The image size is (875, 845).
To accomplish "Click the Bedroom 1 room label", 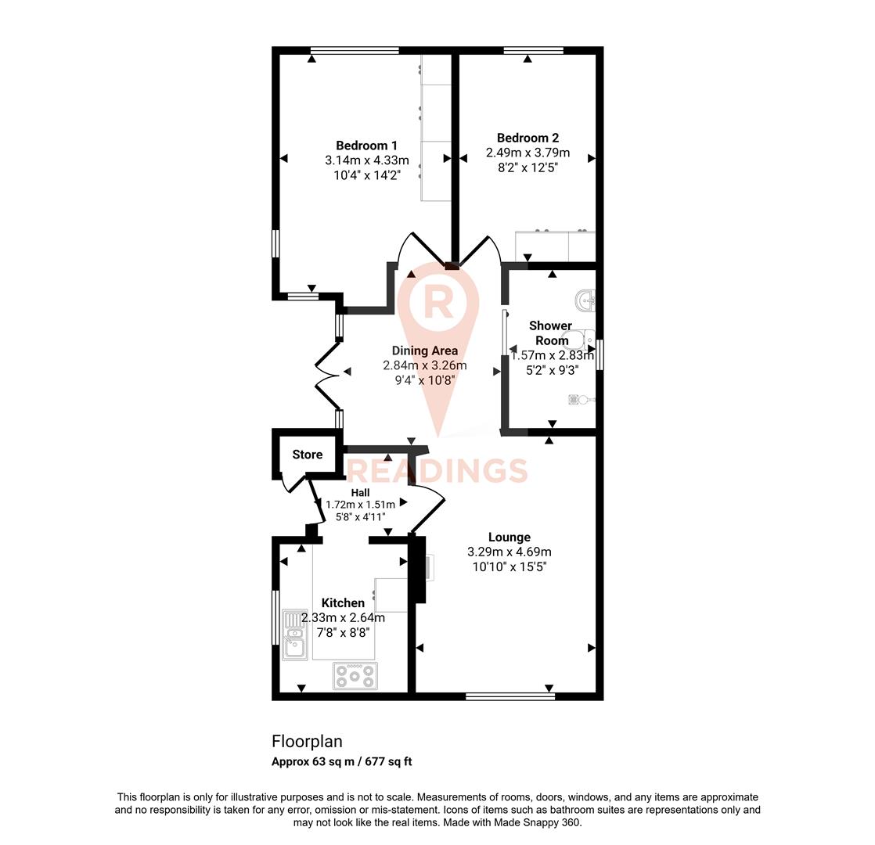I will [366, 146].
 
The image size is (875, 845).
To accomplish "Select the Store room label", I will [308, 455].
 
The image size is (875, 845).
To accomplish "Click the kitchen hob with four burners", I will [355, 675].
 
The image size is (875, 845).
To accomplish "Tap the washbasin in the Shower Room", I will [585, 300].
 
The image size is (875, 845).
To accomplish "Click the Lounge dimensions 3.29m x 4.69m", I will [509, 552].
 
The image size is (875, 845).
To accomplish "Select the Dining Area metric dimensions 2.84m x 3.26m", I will [425, 365].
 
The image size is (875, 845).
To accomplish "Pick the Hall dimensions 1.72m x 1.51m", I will [360, 505].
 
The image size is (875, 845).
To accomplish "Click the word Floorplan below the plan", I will [307, 741].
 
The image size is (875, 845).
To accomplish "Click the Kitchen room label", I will [343, 603].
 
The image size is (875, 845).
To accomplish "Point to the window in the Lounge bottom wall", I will [510, 695].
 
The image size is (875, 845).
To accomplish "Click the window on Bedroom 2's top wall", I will [533, 52].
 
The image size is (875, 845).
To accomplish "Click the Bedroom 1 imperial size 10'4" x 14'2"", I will [366, 175].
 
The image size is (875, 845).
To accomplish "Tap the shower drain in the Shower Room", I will [578, 399].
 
